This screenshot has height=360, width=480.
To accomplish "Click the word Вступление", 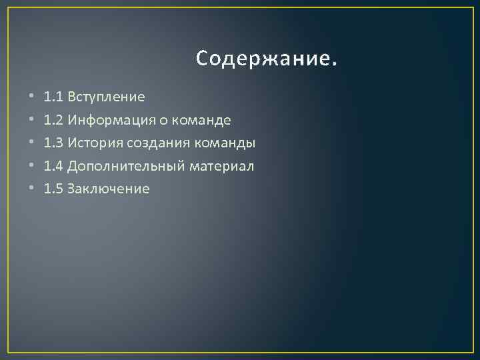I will pos(106,97).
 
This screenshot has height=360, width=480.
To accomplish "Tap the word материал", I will pos(222,166).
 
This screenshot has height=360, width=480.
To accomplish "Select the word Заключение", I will pos(109,189).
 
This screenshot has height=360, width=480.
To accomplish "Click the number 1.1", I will pos(53,97).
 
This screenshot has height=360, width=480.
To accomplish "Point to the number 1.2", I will pos(53,121).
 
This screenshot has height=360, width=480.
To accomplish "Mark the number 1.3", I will pos(53,143).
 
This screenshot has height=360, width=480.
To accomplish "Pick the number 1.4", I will pos(53,166).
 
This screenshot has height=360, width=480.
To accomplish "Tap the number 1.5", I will pos(53,189).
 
